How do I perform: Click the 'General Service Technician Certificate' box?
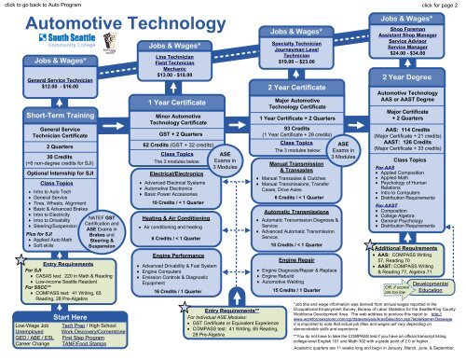pyautogui.click(x=47, y=133)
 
